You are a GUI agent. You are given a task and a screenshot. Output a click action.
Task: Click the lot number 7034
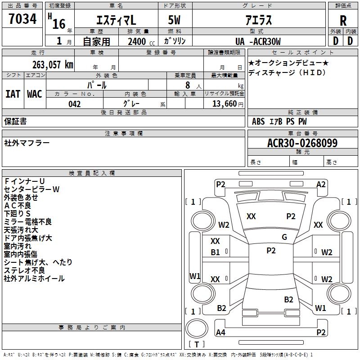[x=22, y=20]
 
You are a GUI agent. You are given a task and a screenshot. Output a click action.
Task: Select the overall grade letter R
[x=343, y=21]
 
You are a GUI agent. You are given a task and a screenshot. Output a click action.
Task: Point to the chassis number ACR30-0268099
[x=302, y=143]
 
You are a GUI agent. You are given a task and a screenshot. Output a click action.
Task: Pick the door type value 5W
[x=175, y=20]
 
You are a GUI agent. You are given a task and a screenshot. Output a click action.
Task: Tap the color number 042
[x=75, y=104]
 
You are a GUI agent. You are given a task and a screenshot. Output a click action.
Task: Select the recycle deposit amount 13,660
[x=224, y=104]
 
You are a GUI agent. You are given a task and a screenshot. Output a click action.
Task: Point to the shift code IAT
[x=13, y=94]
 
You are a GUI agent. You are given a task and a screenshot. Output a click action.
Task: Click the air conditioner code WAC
[x=35, y=94]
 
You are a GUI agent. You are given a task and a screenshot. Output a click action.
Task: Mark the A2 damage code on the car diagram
[x=321, y=184]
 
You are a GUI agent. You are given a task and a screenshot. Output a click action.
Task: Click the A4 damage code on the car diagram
[x=220, y=333]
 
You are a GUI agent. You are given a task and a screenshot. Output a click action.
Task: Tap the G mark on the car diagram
[x=284, y=237]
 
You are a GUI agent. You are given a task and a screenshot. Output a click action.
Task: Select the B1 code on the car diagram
[x=216, y=252]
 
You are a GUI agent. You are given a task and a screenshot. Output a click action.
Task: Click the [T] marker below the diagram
[x=197, y=344]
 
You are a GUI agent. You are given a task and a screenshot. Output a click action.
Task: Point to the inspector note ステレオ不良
[x=24, y=270]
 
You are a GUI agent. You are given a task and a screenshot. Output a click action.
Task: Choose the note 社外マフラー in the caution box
[x=27, y=143]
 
